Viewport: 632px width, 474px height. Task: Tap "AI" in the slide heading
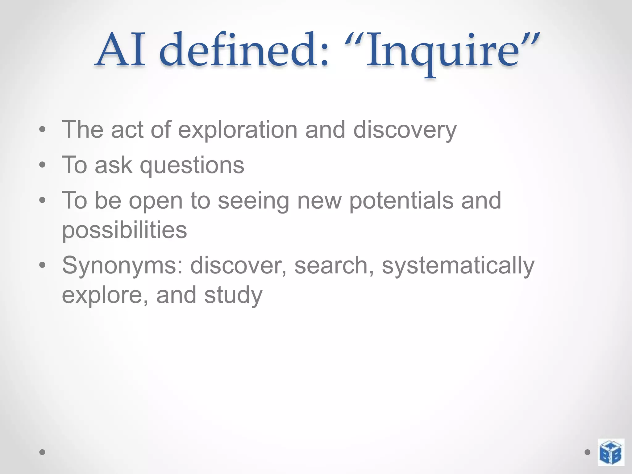coord(120,51)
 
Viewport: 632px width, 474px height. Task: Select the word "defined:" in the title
coord(244,51)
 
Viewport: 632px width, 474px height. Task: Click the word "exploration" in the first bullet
coord(238,130)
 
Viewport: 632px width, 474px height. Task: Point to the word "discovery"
coord(405,130)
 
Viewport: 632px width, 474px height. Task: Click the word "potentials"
coord(401,201)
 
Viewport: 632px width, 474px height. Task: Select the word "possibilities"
coord(124,230)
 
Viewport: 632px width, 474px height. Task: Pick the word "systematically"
coord(458,265)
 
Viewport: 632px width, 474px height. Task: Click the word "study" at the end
coord(233,295)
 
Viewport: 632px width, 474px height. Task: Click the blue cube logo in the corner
coord(611,452)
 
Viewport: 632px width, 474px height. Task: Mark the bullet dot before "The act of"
coord(42,130)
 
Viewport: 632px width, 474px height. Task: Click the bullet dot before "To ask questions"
coord(42,165)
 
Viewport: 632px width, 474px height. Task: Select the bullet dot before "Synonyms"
coord(42,265)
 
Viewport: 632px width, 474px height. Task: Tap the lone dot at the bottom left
coord(42,452)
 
